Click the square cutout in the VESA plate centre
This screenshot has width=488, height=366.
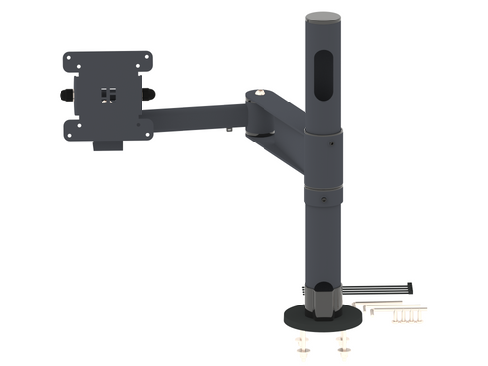point(107,97)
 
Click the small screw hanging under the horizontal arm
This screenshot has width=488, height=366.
point(227,128)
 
